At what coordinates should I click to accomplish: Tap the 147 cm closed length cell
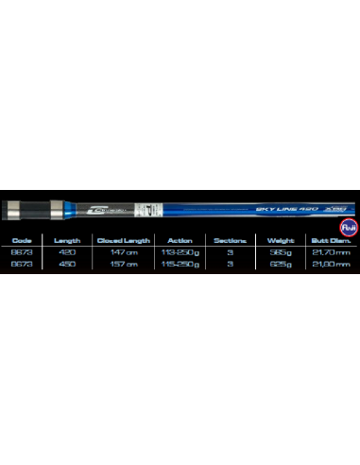(x=125, y=253)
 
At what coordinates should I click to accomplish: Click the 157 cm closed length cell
(x=125, y=266)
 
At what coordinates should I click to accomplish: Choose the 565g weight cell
(x=281, y=253)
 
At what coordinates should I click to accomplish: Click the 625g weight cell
(x=281, y=266)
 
